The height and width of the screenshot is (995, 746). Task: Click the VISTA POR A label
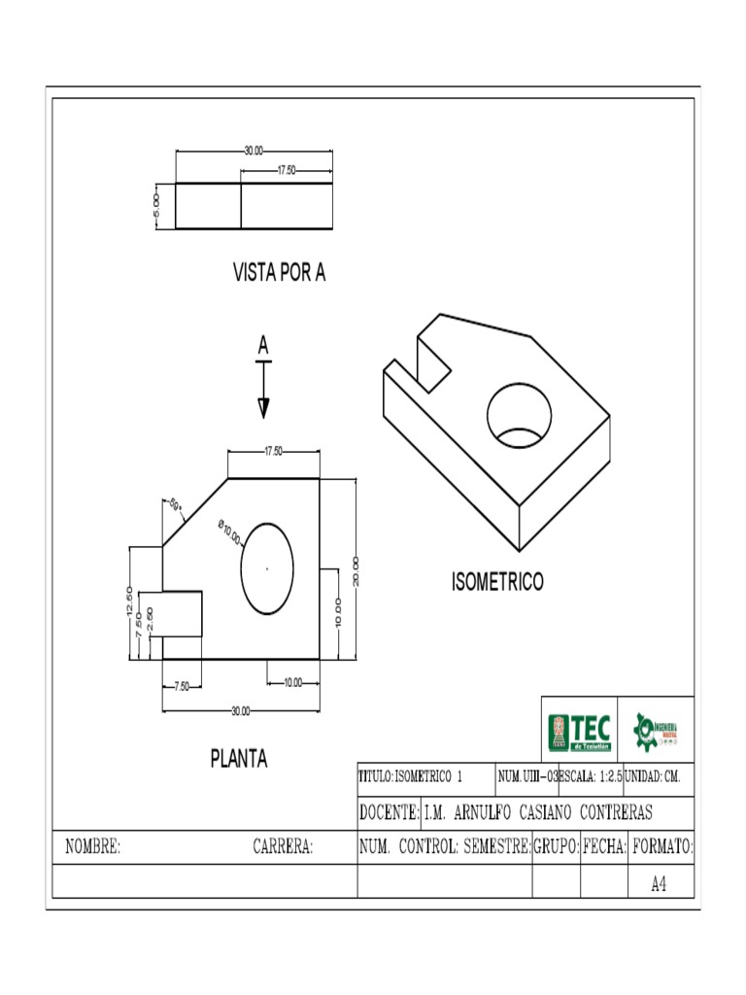[x=279, y=273]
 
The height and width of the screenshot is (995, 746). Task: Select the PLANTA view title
[x=239, y=759]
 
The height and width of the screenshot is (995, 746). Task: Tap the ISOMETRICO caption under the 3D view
[x=497, y=583]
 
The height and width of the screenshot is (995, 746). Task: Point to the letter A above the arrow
[x=263, y=346]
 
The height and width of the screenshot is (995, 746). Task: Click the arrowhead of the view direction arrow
[x=263, y=408]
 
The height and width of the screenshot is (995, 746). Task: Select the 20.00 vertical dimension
[x=356, y=570]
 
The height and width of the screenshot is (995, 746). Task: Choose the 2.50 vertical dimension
[x=151, y=618]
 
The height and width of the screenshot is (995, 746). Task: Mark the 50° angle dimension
[x=176, y=503]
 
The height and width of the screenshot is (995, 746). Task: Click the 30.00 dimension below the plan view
[x=240, y=711]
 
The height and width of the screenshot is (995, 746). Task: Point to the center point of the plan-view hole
[x=267, y=568]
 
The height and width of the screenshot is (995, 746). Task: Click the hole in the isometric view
[x=520, y=415]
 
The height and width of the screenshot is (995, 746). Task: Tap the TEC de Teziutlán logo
[x=580, y=732]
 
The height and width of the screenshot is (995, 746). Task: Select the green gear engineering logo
[x=656, y=731]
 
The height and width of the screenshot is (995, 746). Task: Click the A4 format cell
[x=660, y=884]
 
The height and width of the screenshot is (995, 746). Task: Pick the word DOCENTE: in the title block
[x=389, y=812]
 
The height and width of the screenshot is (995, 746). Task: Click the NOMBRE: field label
[x=92, y=847]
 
